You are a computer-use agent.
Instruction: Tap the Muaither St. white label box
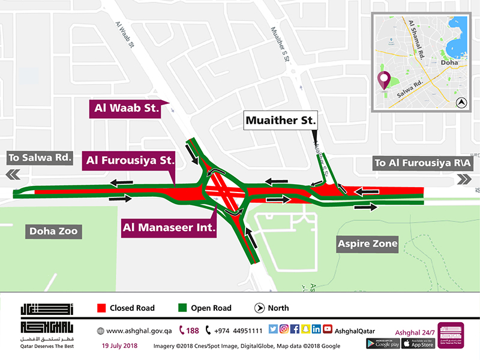pyautogui.click(x=280, y=121)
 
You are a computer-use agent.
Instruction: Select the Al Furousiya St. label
pyautogui.click(x=130, y=160)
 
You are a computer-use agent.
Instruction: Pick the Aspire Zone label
pyautogui.click(x=367, y=244)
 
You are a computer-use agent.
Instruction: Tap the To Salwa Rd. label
pyautogui.click(x=40, y=158)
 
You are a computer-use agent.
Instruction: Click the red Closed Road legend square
pyautogui.click(x=101, y=308)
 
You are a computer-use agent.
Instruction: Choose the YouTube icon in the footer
pyautogui.click(x=328, y=329)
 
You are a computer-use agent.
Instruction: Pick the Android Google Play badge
pyautogui.click(x=383, y=343)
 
